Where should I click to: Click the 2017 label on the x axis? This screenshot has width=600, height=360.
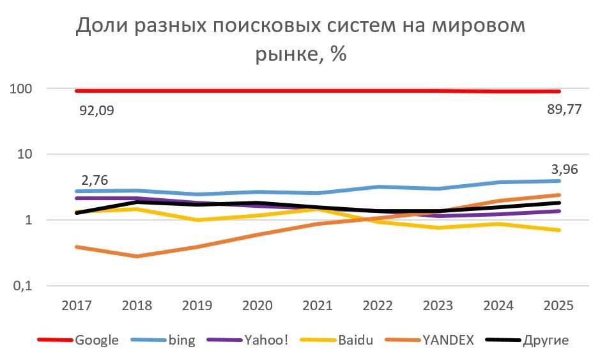click(x=76, y=305)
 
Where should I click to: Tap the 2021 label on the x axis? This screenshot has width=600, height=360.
click(x=318, y=305)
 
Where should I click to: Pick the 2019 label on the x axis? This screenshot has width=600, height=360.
click(x=197, y=305)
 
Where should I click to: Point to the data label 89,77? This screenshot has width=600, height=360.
click(x=560, y=109)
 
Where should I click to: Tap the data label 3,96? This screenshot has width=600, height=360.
click(x=565, y=170)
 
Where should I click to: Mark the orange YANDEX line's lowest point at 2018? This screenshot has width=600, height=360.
click(x=137, y=256)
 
